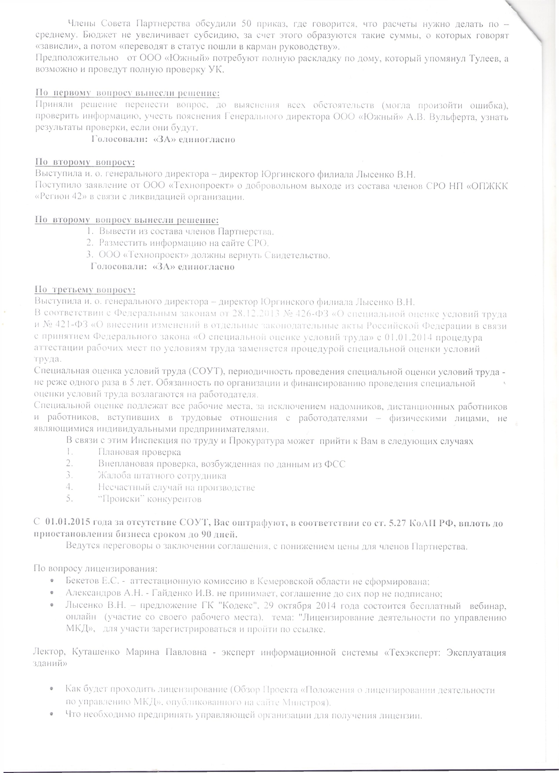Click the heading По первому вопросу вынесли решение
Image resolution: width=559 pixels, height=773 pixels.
127,93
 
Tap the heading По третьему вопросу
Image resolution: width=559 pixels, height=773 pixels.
85,290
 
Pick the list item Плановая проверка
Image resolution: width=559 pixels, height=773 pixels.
139,452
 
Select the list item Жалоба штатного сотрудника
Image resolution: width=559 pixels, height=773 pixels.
162,476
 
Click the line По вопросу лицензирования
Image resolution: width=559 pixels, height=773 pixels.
95,568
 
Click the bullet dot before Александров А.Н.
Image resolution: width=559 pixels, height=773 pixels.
53,593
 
